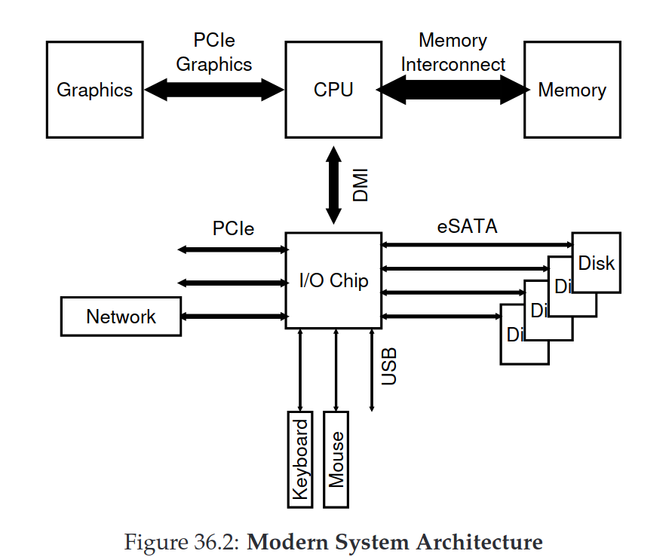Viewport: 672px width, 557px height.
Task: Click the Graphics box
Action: pos(94,90)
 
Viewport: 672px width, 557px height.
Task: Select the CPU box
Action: pos(333,90)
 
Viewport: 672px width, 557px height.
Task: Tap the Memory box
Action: pos(572,90)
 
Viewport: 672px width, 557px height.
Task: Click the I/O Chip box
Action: pos(333,280)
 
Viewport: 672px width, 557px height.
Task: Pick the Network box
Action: pos(121,317)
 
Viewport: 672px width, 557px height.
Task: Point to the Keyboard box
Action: pos(299,459)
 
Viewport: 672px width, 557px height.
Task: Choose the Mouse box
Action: pos(336,459)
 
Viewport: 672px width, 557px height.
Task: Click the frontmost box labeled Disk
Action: pos(596,262)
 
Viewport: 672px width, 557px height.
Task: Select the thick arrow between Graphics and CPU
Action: pos(213,90)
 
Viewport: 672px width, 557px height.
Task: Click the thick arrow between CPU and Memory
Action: pos(453,90)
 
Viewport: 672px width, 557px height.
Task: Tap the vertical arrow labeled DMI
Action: pos(333,185)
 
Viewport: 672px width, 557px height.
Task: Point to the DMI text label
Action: pos(361,185)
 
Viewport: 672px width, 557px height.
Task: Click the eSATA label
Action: pos(468,225)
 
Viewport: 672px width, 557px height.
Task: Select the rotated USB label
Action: pos(388,366)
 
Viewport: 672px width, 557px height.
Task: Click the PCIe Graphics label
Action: pos(214,53)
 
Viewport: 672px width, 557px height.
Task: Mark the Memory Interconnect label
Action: pos(453,53)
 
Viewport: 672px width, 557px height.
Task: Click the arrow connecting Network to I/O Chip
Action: pos(233,317)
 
